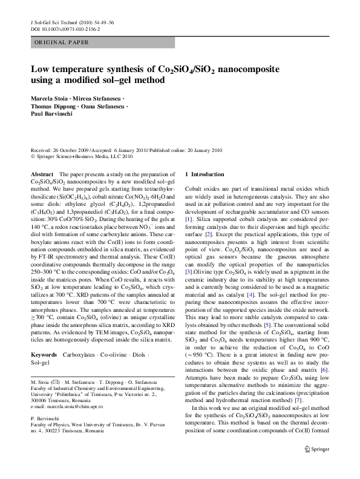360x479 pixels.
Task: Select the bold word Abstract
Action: (41, 174)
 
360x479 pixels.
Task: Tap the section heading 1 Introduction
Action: (205, 174)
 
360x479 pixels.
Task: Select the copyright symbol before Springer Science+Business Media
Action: (32, 155)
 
